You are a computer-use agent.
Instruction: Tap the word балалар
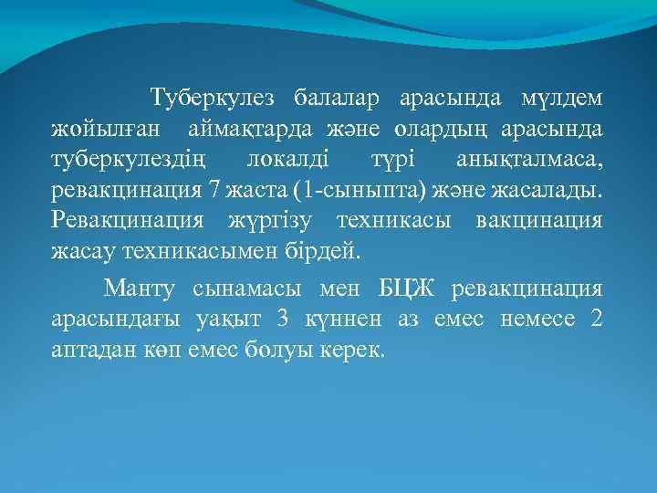pos(336,96)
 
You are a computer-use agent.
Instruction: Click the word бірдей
pos(325,253)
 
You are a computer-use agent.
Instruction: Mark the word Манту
pos(139,289)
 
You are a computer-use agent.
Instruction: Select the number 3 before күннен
pos(285,320)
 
